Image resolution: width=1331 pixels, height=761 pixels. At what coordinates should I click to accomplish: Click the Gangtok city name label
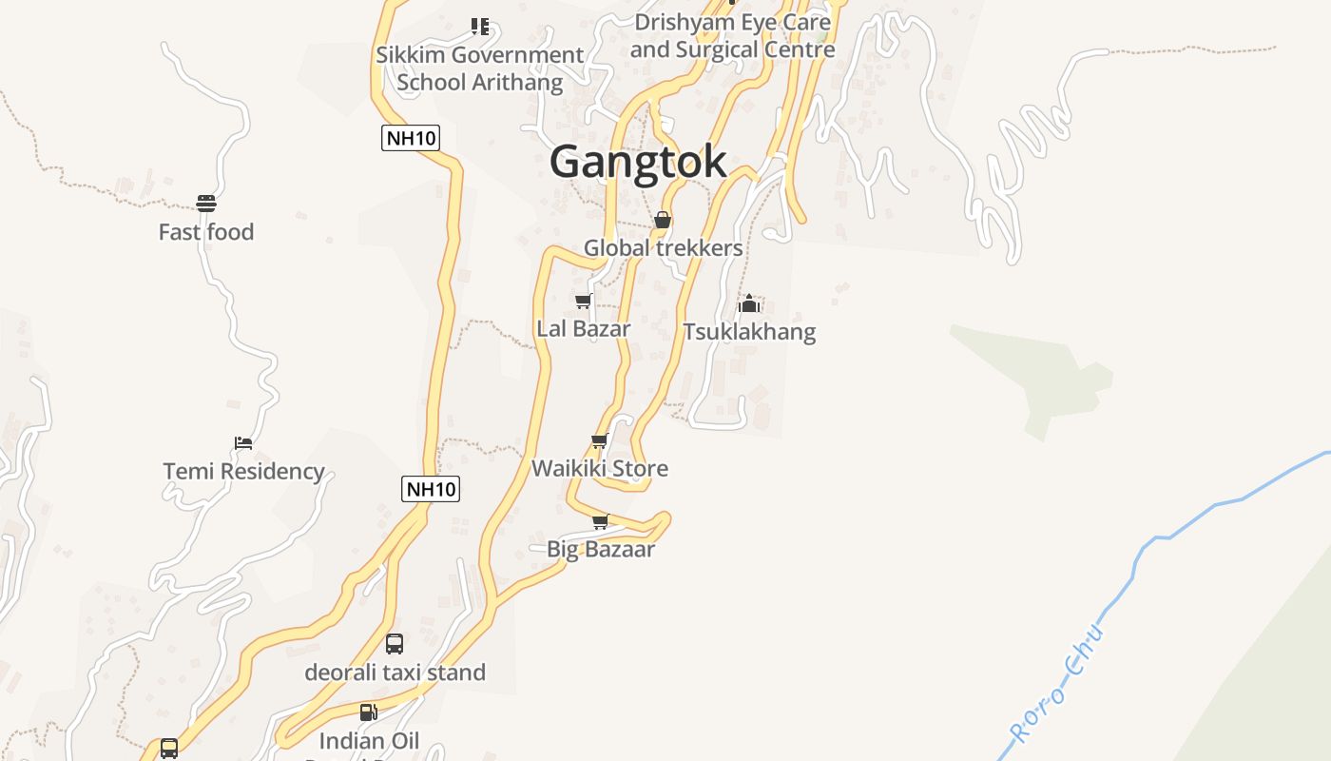tap(638, 162)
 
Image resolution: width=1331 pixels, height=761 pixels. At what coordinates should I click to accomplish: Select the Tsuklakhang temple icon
tap(749, 303)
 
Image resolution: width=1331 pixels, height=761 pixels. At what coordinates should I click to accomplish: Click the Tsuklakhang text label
tap(749, 331)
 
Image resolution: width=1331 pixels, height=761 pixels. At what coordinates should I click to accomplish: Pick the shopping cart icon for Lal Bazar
tap(583, 301)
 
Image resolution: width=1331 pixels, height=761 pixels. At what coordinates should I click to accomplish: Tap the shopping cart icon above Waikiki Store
tap(599, 440)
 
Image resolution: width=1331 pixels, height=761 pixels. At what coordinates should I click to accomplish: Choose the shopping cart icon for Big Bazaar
tap(600, 521)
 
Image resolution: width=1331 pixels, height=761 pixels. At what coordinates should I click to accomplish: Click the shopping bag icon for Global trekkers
tap(663, 220)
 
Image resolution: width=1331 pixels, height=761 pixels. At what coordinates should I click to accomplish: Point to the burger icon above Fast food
tap(206, 203)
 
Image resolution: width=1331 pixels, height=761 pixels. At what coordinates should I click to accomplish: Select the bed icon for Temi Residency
tap(243, 443)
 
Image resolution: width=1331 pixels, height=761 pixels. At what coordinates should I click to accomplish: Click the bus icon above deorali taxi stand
tap(395, 644)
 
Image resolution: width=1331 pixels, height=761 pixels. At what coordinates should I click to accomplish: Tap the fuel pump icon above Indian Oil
tap(368, 712)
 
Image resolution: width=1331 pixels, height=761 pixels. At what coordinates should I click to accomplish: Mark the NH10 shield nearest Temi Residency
tap(431, 489)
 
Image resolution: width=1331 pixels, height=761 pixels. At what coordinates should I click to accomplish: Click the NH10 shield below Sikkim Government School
tap(411, 138)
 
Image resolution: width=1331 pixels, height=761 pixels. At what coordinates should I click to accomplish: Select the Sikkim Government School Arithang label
tap(480, 68)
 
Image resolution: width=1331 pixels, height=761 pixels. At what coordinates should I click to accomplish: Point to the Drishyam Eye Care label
tap(732, 35)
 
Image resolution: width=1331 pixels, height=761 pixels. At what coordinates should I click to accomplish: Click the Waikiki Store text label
tap(600, 468)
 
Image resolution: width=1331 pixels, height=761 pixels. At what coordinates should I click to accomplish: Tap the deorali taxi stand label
tap(395, 673)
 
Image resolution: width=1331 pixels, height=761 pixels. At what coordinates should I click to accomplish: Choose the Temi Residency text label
tap(244, 471)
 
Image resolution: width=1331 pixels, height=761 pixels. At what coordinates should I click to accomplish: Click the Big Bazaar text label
tap(601, 549)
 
